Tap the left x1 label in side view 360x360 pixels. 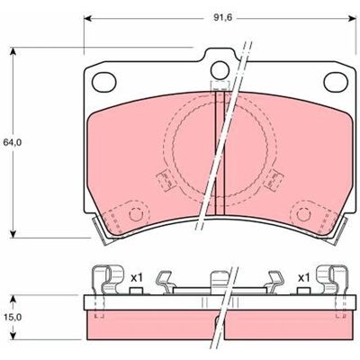136,278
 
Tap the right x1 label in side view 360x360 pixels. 303,278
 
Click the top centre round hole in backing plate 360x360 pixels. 220,70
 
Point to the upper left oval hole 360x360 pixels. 104,82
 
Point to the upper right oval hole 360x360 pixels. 336,82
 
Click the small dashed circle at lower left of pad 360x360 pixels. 135,214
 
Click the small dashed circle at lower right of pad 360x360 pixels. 302,214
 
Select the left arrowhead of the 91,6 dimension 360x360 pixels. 87,19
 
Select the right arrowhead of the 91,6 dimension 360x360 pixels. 353,19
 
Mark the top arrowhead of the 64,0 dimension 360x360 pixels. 13,51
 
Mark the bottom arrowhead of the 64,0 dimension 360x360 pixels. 13,234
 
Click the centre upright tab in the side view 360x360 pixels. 220,283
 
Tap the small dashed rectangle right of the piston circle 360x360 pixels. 274,180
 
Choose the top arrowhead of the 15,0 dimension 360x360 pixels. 13,299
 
